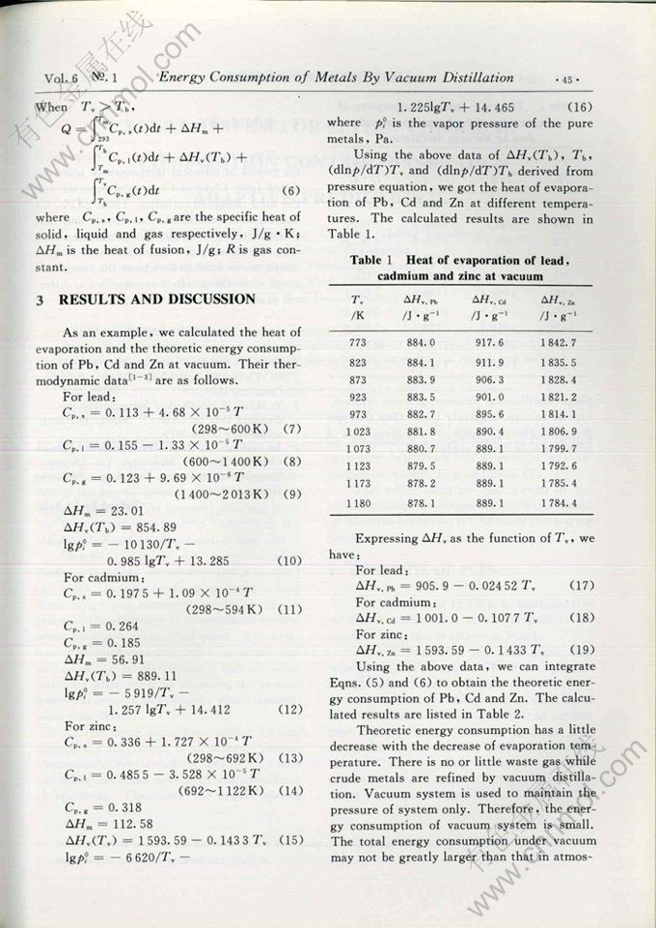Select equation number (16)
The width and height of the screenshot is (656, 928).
(x=588, y=106)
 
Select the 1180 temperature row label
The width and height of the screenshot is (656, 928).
(x=358, y=503)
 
